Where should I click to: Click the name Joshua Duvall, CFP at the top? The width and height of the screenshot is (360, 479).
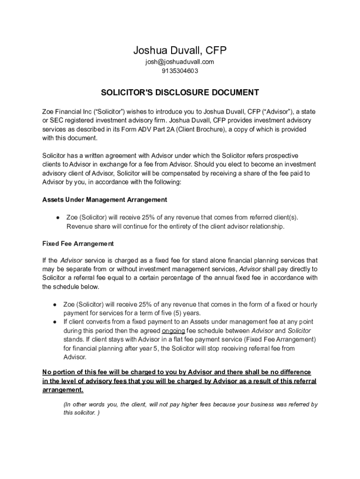180,50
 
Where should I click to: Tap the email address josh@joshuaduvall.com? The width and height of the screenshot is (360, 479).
180,62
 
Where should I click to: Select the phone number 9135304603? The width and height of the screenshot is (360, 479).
180,71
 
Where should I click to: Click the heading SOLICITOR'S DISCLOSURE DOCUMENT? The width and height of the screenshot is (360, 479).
180,92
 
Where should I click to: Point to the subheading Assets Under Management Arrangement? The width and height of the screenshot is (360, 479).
105,200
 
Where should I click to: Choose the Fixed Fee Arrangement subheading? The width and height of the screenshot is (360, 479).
78,244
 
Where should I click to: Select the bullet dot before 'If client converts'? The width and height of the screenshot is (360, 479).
55,322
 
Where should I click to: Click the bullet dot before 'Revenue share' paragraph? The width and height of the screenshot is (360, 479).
57,218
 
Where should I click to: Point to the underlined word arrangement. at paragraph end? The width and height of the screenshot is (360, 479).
63,390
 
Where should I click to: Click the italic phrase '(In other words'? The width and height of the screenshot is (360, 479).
83,404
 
